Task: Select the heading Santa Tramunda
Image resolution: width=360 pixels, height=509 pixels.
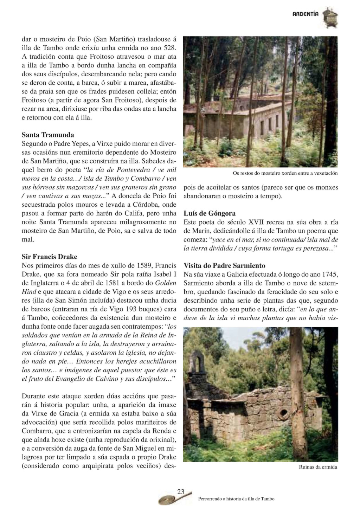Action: pos(48,135)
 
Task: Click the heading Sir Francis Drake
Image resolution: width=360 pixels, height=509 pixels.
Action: pos(50,257)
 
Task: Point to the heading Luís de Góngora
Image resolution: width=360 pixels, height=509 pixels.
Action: pos(210,213)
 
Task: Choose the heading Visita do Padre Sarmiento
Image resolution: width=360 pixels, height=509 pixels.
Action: pos(224,265)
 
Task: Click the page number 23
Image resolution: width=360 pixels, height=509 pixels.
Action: pos(181,492)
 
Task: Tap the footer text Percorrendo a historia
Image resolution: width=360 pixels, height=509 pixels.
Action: pos(236,498)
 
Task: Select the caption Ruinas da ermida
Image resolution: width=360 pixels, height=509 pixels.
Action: pos(318,467)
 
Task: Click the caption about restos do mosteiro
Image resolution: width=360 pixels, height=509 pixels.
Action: pos(285,173)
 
